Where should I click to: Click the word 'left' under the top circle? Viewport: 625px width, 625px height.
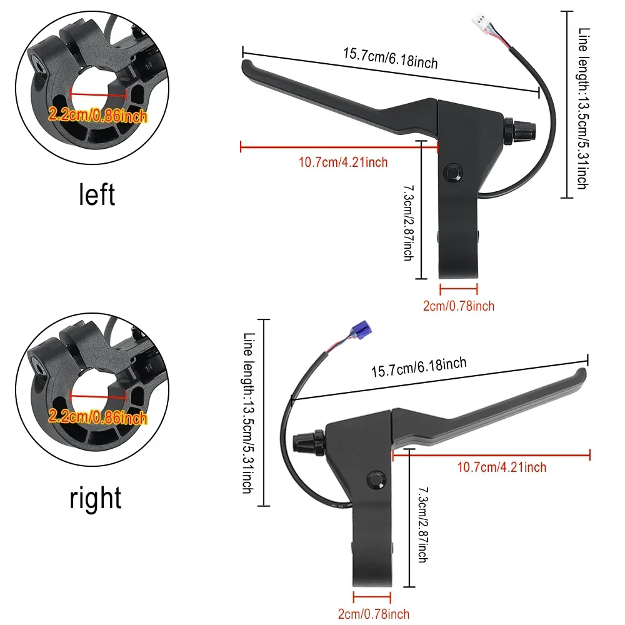pos(97,194)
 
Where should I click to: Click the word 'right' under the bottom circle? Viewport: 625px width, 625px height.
pos(95,497)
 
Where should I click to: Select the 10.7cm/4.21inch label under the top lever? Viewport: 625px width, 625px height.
pos(343,162)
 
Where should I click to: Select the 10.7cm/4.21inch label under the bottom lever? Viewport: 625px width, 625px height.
pos(501,467)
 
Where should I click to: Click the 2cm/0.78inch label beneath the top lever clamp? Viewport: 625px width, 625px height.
pos(459,306)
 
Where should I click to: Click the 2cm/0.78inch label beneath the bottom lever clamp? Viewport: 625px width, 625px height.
pos(374,614)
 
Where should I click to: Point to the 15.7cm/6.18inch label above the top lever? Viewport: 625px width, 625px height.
pos(391,58)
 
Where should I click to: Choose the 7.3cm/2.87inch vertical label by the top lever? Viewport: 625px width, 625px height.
pos(409,223)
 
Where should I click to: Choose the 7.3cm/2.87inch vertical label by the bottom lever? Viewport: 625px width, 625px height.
pos(423,524)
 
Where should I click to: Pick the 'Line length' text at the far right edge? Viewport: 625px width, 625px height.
pos(584,108)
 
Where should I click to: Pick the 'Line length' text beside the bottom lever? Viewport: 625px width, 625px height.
pos(249,413)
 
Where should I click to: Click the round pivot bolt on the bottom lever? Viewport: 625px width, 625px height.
pos(376,480)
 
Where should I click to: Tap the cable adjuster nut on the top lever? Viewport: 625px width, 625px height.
pos(520,131)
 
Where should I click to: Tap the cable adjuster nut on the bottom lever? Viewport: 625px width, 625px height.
pos(309,442)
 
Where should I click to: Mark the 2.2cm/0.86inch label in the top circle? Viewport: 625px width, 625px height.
pos(97,115)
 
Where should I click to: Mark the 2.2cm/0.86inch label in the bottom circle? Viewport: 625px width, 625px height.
pos(97,417)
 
